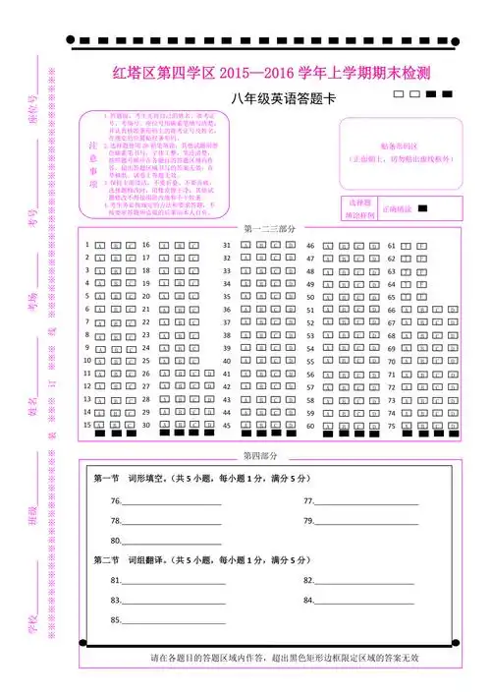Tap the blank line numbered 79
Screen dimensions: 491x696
368,521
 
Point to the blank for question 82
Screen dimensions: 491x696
368,581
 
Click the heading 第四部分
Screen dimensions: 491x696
260,456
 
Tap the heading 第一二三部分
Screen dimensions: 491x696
264,228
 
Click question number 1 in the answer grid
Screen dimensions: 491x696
87,245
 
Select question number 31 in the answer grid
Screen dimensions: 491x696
226,245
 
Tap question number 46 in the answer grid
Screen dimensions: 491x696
310,245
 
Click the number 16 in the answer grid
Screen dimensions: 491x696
146,245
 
